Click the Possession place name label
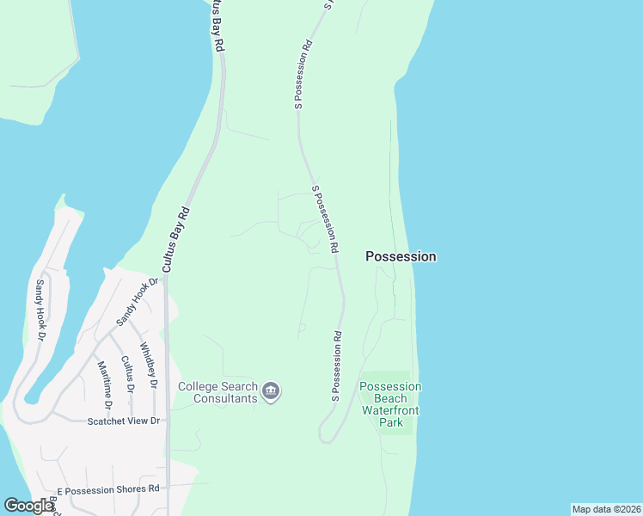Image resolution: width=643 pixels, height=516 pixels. (x=401, y=256)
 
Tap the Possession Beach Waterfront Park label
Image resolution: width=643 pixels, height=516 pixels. (x=391, y=404)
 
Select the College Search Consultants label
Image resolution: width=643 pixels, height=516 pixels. (x=217, y=392)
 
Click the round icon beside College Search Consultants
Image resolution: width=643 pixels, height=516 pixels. (x=271, y=392)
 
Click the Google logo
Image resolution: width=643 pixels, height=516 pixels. (x=28, y=506)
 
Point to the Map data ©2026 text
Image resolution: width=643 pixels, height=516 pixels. (x=606, y=509)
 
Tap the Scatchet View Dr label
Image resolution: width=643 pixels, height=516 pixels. (x=125, y=421)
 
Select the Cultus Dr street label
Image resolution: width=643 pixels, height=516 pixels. (x=127, y=375)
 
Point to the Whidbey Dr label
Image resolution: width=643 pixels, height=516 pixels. (x=147, y=366)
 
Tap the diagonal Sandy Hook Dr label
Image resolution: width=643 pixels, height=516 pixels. (x=138, y=301)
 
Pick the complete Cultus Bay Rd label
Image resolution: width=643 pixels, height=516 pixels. (x=176, y=238)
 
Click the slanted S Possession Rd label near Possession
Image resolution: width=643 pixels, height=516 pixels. (x=324, y=218)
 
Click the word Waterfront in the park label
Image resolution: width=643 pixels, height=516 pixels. (x=391, y=411)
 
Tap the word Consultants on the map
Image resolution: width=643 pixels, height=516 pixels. (x=225, y=399)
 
